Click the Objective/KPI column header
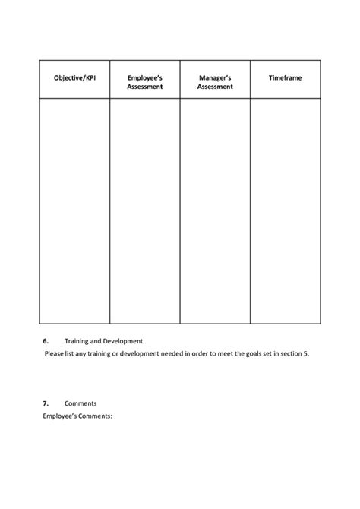coord(74,78)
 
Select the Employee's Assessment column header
coord(144,82)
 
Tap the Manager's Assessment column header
coord(214,82)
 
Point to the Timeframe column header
coord(285,78)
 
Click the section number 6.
coord(46,341)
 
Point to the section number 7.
coord(46,403)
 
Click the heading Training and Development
coord(104,341)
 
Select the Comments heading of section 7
coord(81,403)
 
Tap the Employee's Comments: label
coord(77,416)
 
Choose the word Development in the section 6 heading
coord(123,341)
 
